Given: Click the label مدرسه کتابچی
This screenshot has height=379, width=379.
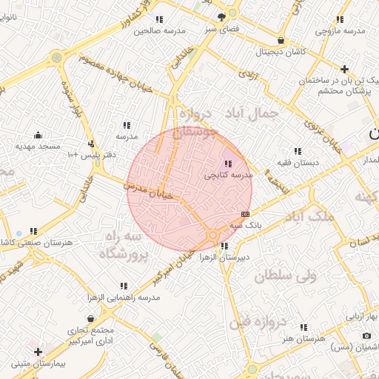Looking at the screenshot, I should [229, 175].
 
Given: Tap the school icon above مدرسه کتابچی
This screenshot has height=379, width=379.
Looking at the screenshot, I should [227, 164].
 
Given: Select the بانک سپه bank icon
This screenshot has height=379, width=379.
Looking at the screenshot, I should [245, 214].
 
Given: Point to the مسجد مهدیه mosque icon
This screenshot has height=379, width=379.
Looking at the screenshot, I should [38, 135].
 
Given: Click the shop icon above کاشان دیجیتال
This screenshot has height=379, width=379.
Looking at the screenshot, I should [280, 41].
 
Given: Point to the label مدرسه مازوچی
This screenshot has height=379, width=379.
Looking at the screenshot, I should [341, 31].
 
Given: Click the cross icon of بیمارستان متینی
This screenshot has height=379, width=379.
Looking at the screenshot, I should [38, 351].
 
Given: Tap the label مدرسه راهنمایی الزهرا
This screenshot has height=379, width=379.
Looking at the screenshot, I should [124, 297].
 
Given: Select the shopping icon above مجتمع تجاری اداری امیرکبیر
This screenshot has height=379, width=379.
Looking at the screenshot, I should [90, 318].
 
